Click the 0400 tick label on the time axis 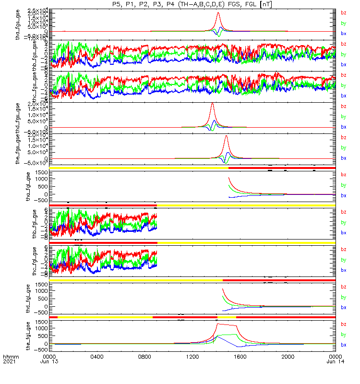pos(97,357)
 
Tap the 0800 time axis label pos(145,357)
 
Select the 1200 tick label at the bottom pos(192,357)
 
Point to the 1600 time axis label pos(240,357)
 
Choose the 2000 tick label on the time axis pos(288,357)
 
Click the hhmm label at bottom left pos(9,357)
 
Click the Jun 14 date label pos(335,362)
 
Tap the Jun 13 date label pos(49,362)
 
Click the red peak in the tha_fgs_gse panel pos(218,13)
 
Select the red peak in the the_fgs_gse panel pos(226,137)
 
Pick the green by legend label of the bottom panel pos(343,334)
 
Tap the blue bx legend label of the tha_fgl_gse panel pos(343,195)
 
